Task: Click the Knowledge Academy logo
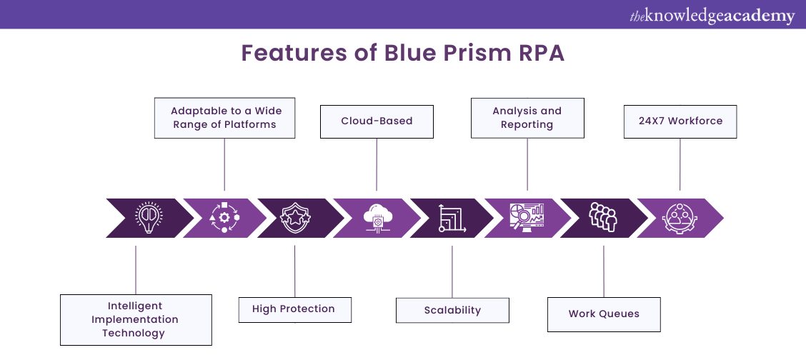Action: click(712, 16)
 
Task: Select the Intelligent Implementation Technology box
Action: click(135, 320)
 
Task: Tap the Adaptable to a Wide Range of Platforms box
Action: click(225, 118)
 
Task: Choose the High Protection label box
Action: click(295, 309)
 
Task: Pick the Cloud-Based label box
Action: click(377, 121)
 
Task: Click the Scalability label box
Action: click(452, 311)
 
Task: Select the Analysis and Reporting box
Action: click(527, 118)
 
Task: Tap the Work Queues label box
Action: click(604, 314)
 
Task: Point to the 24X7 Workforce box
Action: click(680, 121)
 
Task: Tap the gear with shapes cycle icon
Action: click(224, 218)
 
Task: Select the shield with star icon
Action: click(295, 218)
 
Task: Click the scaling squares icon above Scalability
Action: click(452, 218)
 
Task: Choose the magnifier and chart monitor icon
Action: click(527, 217)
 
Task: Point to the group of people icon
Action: click(603, 217)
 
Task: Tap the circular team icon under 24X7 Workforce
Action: click(679, 218)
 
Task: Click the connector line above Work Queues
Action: click(604, 271)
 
